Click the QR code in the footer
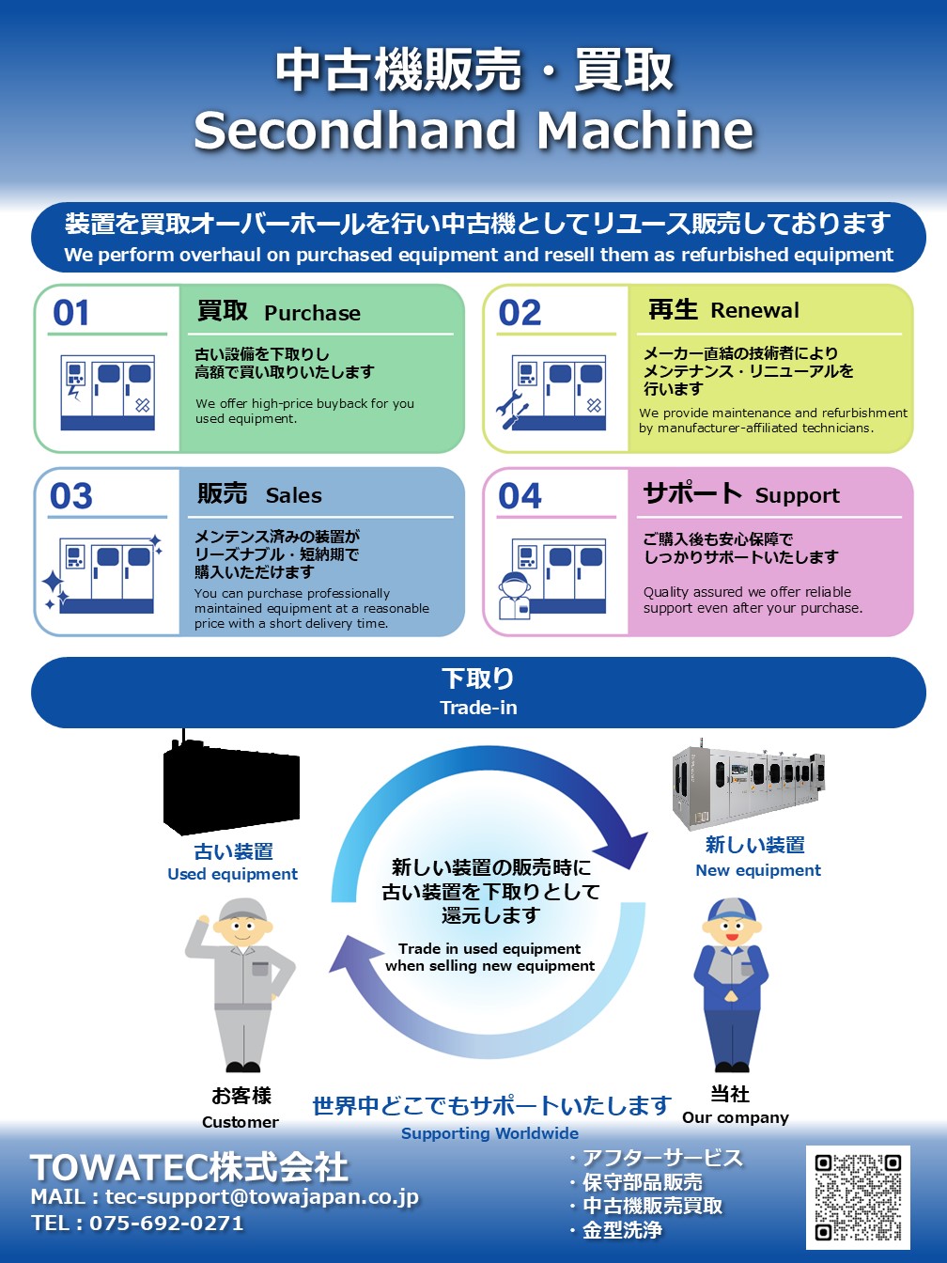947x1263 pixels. point(858,1196)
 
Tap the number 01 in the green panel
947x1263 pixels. point(71,312)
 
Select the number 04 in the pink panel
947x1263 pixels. point(520,495)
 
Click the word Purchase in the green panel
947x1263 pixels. point(312,313)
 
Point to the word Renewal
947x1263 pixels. point(754,310)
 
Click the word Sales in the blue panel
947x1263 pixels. point(293,495)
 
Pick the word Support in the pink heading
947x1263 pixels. point(797,495)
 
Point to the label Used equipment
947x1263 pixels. point(232,874)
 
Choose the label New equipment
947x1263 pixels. point(757,870)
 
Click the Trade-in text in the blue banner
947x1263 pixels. point(478,708)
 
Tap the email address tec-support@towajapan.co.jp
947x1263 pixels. point(261,1196)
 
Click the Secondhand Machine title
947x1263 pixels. point(473,130)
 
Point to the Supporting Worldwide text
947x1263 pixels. point(489,1133)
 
